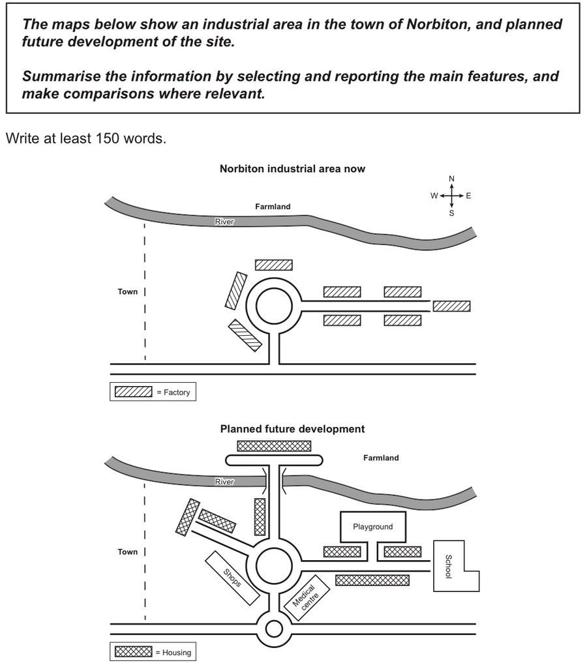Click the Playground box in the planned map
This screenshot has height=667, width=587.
tap(372, 526)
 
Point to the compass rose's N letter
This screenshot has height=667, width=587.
tap(451, 179)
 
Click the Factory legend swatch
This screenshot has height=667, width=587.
tap(133, 392)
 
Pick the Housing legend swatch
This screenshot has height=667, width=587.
tap(133, 651)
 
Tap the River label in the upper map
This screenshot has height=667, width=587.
tap(224, 222)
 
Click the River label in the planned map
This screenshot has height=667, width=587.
tap(224, 482)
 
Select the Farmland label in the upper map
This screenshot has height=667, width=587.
tap(273, 207)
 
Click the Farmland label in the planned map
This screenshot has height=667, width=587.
tap(381, 458)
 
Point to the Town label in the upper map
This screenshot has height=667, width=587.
tap(128, 291)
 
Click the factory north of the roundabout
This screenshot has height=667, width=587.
tap(273, 265)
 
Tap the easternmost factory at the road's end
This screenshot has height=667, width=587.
tap(451, 306)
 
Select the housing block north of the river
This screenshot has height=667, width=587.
tap(274, 445)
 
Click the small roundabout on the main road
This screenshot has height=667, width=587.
tap(274, 629)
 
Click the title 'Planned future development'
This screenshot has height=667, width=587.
tap(292, 429)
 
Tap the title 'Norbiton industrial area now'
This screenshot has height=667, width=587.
tap(292, 168)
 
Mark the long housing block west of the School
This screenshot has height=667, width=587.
tap(372, 580)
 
